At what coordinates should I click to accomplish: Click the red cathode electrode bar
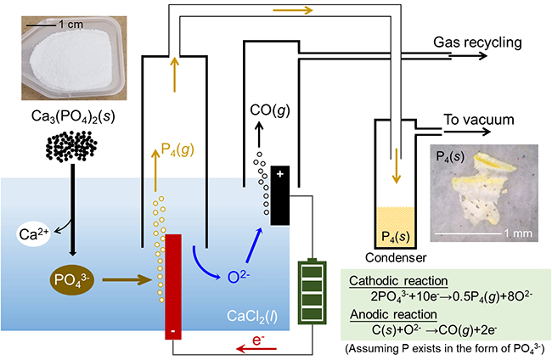[x=173, y=284]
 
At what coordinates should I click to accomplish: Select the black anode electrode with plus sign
[x=279, y=196]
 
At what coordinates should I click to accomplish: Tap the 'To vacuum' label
[x=479, y=121]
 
